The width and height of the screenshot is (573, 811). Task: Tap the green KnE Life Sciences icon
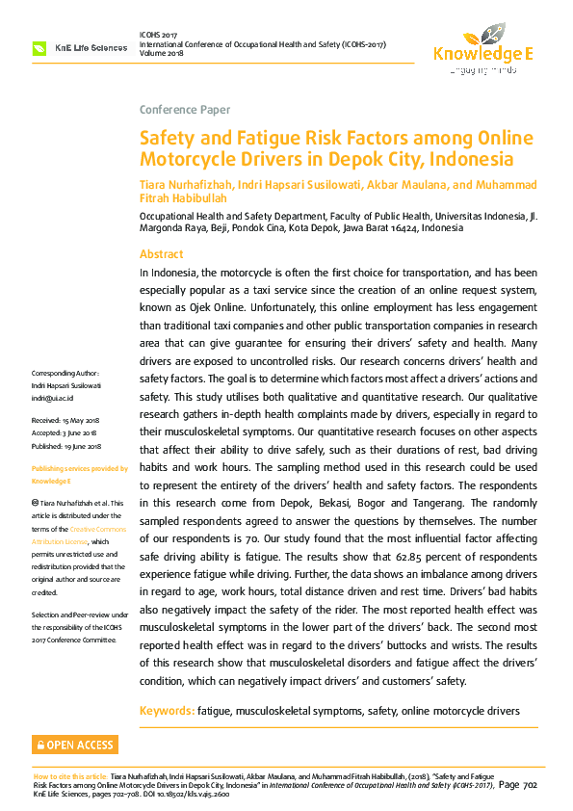[39, 47]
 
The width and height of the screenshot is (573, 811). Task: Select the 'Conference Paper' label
[185, 110]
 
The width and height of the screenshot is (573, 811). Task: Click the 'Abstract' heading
[161, 254]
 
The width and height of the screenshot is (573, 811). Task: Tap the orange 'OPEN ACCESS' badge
[75, 745]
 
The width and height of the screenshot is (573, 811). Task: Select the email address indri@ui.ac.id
[53, 397]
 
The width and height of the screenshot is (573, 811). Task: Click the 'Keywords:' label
[167, 711]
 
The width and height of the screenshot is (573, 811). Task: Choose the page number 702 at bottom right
[530, 786]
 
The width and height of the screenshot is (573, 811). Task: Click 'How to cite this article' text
[70, 776]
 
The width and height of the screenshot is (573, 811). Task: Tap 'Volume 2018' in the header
[165, 54]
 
